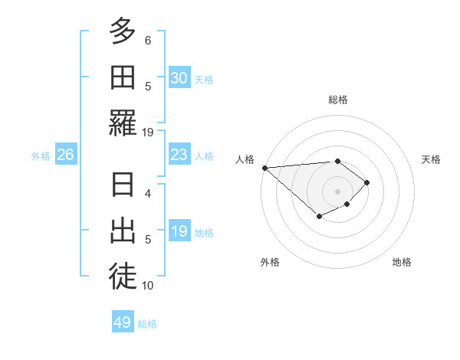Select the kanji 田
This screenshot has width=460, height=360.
tap(123, 77)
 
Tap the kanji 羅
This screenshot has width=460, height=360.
tap(123, 123)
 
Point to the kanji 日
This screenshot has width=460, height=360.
tap(123, 185)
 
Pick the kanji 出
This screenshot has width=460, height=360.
tap(123, 231)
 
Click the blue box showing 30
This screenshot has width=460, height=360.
tap(179, 77)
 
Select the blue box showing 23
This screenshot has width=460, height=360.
tap(179, 155)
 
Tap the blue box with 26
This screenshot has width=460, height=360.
tap(65, 155)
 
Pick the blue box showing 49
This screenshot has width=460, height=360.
tap(122, 322)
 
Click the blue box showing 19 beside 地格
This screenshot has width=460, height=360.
tap(179, 231)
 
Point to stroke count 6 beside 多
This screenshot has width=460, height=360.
tap(148, 40)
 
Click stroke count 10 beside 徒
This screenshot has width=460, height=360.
tap(148, 286)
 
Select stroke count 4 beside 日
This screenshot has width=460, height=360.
tap(148, 194)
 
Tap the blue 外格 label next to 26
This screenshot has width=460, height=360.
tap(41, 155)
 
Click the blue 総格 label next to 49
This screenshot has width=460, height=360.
tap(147, 323)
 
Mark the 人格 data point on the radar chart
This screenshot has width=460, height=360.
tap(264, 167)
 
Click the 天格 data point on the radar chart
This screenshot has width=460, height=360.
tap(367, 182)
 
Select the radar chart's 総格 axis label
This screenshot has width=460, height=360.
tap(337, 100)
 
